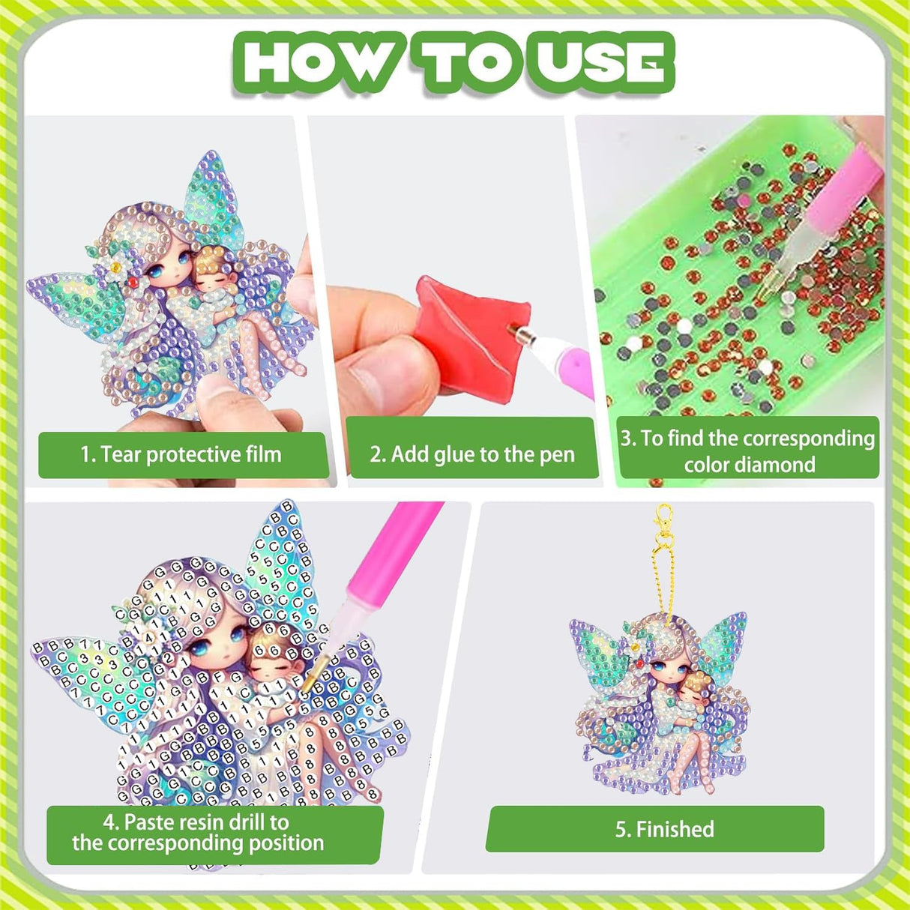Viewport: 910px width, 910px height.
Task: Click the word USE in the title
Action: (603, 62)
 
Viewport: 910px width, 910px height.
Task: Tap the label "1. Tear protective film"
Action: (181, 454)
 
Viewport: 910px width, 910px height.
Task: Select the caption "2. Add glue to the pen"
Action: (472, 454)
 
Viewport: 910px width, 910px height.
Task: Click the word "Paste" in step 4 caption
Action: (154, 822)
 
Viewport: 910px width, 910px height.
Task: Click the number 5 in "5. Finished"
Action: (620, 829)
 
